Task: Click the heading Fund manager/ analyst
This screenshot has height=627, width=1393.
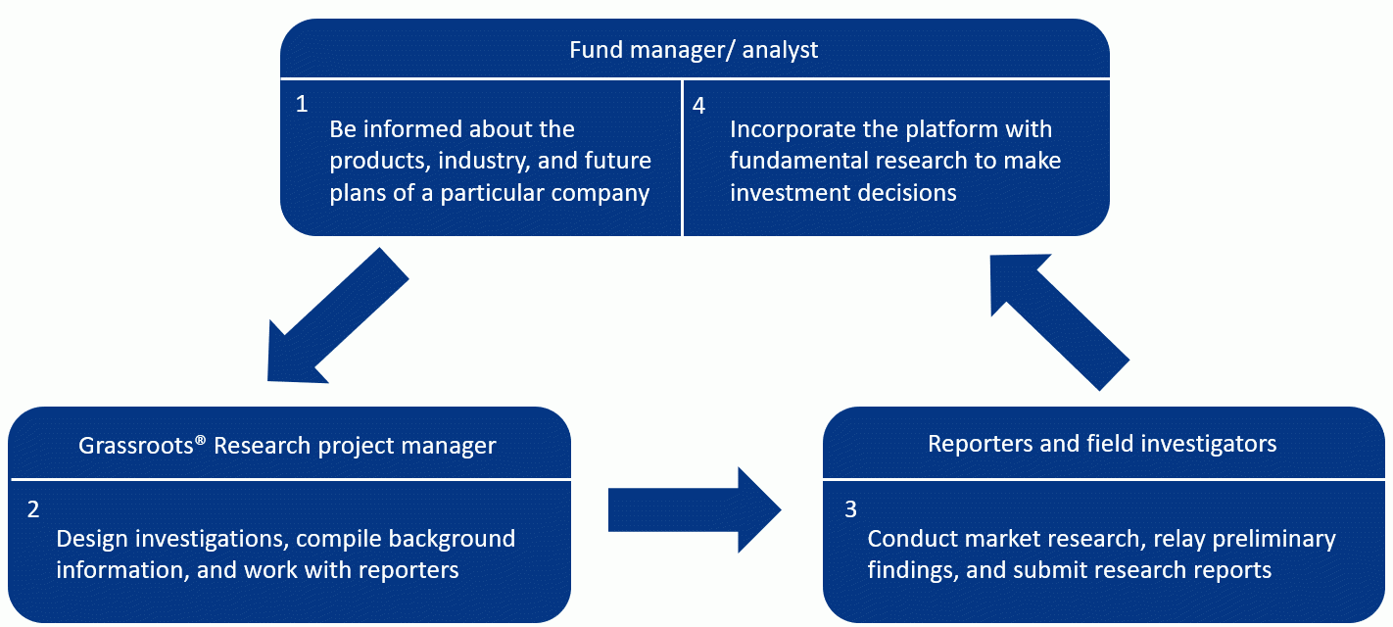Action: click(x=694, y=50)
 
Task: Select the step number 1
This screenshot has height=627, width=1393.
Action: click(x=302, y=104)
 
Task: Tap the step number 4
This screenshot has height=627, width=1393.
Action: click(x=699, y=106)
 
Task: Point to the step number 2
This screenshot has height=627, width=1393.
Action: click(x=33, y=509)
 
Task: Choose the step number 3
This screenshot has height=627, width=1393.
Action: click(x=850, y=509)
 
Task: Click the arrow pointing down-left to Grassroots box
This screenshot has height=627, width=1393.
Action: click(x=338, y=316)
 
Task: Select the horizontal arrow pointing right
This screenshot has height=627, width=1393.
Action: click(x=695, y=510)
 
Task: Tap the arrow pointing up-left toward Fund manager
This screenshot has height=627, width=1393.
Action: click(x=1060, y=322)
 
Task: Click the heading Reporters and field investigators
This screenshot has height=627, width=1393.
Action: click(x=1102, y=444)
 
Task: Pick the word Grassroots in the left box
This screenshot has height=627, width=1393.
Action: click(x=135, y=446)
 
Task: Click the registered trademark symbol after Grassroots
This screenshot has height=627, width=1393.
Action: click(x=200, y=440)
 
